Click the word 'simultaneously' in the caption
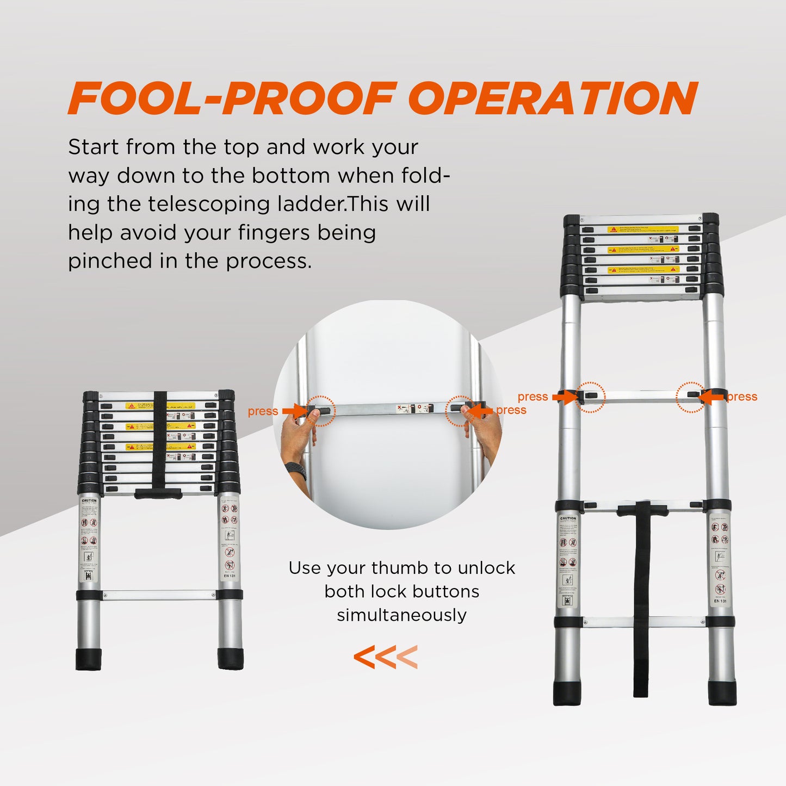coord(401,615)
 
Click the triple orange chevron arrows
coord(385,657)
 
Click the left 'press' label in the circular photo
coord(263,411)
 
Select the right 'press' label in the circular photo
coord(511,410)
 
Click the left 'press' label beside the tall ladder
coord(533,397)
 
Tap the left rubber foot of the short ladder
coord(89,659)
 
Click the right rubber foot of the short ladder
coord(231,659)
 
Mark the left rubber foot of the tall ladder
coord(567,693)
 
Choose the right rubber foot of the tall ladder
coord(722,693)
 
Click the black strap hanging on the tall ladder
coord(642,598)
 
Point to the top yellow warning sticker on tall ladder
coord(642,230)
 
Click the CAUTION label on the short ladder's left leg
coord(89,500)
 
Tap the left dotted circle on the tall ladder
coord(590,397)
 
